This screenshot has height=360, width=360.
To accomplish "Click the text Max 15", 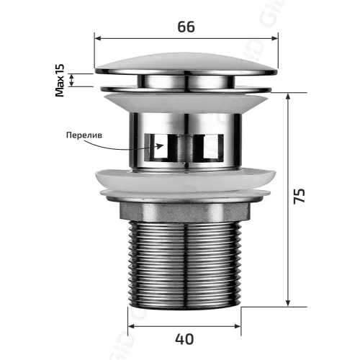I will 60,79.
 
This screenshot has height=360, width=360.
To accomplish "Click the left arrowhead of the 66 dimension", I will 99,40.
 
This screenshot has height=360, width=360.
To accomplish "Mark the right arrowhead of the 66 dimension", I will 274,40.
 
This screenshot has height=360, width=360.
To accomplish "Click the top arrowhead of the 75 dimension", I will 289,96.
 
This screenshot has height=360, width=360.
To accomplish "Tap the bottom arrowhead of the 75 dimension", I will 289,303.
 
